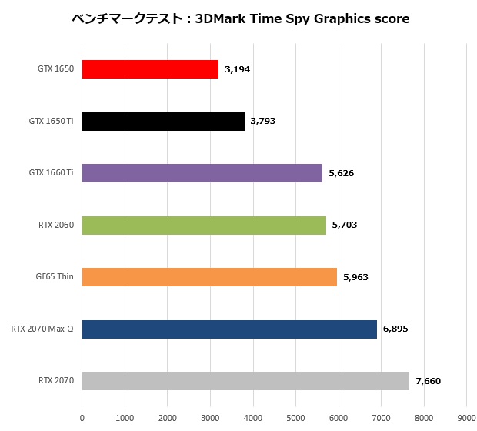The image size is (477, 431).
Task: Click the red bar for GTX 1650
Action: (x=150, y=69)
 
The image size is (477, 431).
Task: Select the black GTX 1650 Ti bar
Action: (x=163, y=121)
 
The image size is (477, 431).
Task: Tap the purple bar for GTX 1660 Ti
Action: (x=202, y=173)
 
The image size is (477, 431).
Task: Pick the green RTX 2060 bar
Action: (x=204, y=225)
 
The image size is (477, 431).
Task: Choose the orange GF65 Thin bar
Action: (x=209, y=276)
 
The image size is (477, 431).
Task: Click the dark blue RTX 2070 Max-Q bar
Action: (x=229, y=329)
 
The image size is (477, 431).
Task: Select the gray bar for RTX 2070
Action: (x=245, y=381)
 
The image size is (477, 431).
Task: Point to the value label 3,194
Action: (x=237, y=69)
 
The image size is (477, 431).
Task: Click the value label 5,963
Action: (x=355, y=276)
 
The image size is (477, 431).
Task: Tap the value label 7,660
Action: (x=428, y=381)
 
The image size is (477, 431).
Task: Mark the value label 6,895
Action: (x=395, y=329)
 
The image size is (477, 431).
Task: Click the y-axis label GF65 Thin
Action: (x=55, y=276)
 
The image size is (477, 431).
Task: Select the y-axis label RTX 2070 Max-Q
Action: (x=42, y=329)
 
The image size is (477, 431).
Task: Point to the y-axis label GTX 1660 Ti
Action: (x=51, y=173)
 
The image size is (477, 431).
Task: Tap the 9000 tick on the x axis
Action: (x=466, y=418)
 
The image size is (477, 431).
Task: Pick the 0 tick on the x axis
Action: (x=82, y=418)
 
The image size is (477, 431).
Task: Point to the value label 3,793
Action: (x=262, y=121)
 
